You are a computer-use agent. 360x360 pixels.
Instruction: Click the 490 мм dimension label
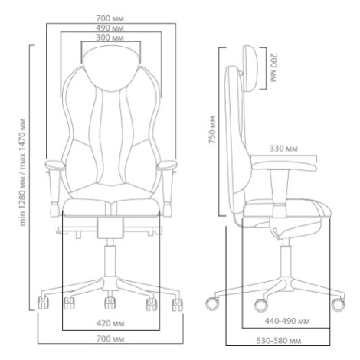tap(110, 28)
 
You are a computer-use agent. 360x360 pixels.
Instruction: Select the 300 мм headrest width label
tap(110, 38)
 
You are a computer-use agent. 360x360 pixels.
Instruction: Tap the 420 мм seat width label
tap(110, 323)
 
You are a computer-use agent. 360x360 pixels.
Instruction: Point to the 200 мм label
tap(273, 68)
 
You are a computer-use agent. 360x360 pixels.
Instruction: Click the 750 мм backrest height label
tap(212, 130)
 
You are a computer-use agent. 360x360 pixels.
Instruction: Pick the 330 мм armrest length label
tap(283, 149)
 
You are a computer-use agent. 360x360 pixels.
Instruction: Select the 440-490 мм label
tap(287, 321)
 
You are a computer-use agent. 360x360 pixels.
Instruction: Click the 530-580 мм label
tap(279, 341)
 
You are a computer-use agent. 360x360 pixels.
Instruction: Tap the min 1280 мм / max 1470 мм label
tap(23, 172)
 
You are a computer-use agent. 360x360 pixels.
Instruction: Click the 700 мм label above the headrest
tap(110, 18)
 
